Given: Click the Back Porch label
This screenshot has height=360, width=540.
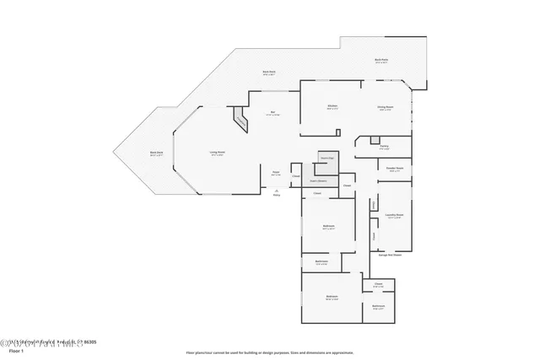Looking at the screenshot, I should [x=381, y=61].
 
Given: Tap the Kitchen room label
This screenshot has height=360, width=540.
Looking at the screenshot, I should [x=332, y=107].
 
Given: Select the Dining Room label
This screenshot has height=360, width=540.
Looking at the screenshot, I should [x=386, y=108].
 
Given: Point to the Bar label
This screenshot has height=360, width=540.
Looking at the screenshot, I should [x=273, y=114].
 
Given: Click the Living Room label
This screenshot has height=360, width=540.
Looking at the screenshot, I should [x=217, y=153].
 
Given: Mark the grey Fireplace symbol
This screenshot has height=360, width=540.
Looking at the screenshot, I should [x=241, y=121].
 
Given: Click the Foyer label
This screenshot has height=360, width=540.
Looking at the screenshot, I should [x=276, y=174].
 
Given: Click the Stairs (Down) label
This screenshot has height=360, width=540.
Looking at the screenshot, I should [x=319, y=180].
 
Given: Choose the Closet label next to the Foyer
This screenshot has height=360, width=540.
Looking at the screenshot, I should [x=295, y=176].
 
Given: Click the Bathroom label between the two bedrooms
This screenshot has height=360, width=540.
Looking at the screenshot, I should [x=321, y=263].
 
